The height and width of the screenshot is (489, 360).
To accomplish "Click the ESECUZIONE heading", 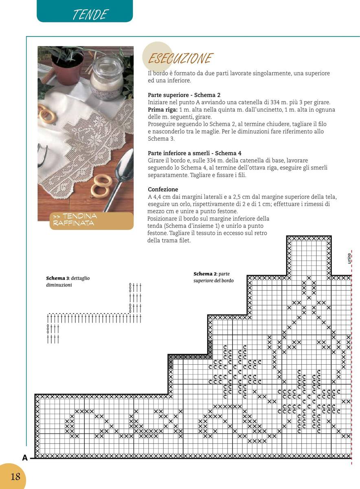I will [x=180, y=59].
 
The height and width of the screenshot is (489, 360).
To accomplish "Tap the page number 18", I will [x=15, y=476].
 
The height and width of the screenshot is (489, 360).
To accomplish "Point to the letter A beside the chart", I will [x=25, y=458].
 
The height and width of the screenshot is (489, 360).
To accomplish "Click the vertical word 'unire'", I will [x=349, y=258].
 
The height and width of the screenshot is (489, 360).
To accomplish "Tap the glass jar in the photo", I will [x=107, y=77].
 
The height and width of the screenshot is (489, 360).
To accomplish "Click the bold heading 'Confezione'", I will [x=163, y=189].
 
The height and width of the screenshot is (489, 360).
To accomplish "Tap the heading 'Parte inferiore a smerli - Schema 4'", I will [x=194, y=153].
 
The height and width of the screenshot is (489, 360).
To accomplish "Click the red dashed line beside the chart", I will [x=351, y=367].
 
